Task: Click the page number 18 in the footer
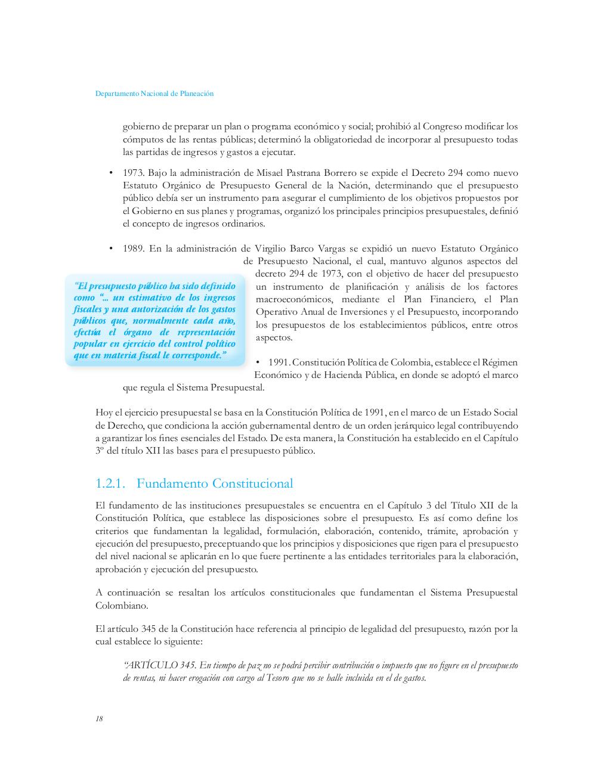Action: pos(99,719)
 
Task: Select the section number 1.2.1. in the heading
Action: pos(110,483)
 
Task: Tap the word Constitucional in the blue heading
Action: pos(252,483)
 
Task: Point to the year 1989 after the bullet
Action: pos(133,249)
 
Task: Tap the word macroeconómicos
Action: pos(291,299)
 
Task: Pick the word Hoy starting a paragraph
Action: pos(103,412)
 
